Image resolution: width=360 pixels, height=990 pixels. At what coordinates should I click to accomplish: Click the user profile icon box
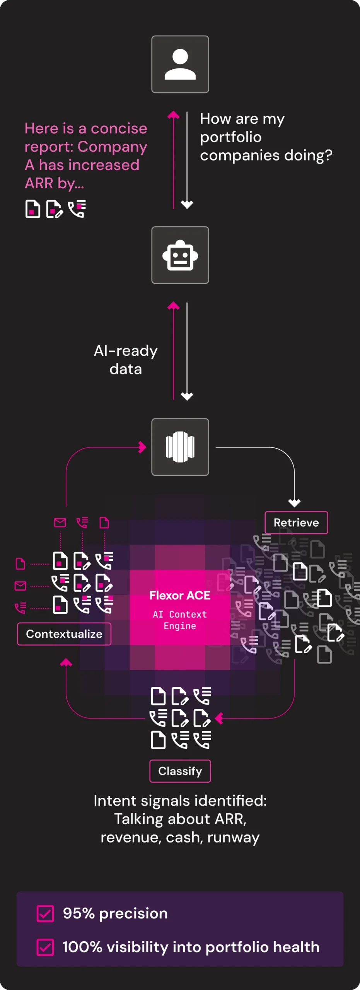click(180, 64)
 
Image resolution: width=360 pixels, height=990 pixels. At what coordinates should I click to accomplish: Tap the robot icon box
click(180, 255)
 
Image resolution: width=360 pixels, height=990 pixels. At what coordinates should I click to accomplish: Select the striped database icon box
click(180, 447)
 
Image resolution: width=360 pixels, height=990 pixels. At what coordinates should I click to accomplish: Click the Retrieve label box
click(296, 523)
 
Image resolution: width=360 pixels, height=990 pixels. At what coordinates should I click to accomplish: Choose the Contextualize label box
click(64, 634)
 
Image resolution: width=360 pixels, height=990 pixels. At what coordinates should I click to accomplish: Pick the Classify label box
click(180, 772)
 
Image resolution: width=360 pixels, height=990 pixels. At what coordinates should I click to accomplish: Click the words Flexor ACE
click(180, 596)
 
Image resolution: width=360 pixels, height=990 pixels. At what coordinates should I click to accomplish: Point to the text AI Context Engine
click(180, 620)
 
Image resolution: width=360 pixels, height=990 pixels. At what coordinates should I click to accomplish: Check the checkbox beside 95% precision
click(45, 914)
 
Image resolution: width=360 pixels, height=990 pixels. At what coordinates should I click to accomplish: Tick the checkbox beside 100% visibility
click(45, 947)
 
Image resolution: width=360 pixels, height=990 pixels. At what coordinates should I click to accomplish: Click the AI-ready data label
click(126, 360)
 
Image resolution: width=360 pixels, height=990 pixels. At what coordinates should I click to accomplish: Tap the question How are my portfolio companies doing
click(266, 137)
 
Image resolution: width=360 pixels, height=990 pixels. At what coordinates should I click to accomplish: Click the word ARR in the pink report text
click(39, 183)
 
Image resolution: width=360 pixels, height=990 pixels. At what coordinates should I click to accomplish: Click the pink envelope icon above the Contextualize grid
click(60, 523)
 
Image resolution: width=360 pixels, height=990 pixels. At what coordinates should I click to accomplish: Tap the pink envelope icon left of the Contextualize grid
click(20, 586)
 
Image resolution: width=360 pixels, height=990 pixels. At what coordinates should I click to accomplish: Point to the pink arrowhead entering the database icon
click(143, 447)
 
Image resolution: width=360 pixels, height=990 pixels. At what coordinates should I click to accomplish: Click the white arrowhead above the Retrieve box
click(294, 503)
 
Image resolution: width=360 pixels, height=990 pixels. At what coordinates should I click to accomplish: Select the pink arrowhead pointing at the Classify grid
click(219, 719)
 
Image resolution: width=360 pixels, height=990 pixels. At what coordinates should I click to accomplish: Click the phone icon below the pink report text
click(77, 209)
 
